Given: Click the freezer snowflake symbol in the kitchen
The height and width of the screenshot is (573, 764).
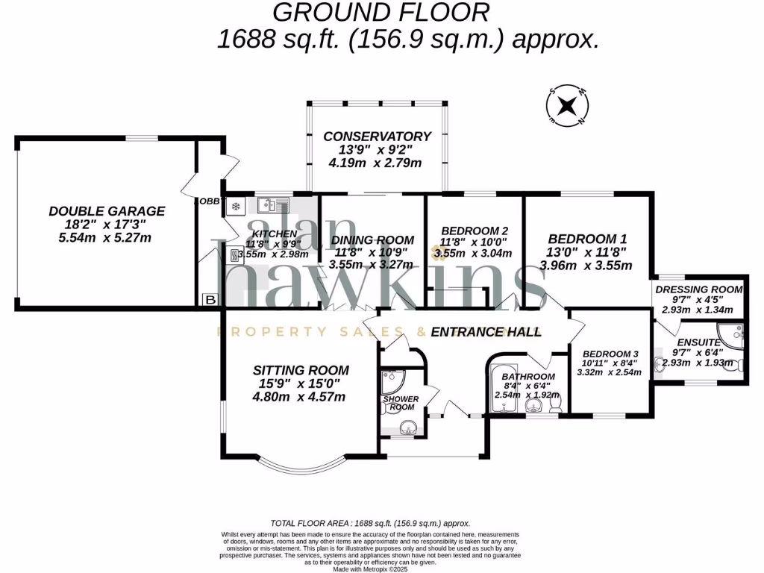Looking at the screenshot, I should point(236,206).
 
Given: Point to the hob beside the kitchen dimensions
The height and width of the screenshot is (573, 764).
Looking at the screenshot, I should point(236,257).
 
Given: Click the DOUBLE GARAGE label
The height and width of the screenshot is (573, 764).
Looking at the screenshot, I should point(107,211).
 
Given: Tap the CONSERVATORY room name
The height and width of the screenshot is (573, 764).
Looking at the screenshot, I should point(377,137).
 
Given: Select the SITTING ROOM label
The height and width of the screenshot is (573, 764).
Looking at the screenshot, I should point(301,370).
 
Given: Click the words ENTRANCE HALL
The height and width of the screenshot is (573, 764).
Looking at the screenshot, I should point(486,332).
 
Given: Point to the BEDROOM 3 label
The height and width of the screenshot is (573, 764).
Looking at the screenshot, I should point(611,354).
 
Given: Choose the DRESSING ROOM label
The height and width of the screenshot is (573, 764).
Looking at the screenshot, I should point(699,289).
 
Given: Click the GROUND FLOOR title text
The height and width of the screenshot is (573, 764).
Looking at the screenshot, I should point(381,12).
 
